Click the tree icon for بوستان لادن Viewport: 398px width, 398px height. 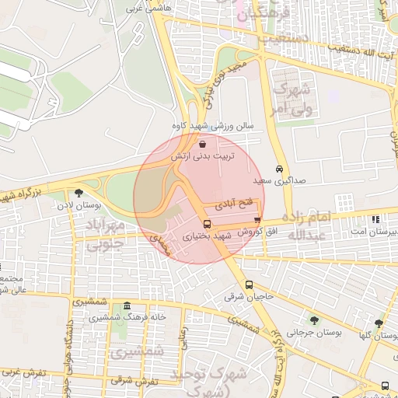coord(79,193)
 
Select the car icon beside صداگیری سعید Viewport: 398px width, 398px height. coord(279,169)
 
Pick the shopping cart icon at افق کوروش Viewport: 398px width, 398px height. coord(257,221)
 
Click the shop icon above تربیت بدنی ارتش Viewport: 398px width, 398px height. coord(203,144)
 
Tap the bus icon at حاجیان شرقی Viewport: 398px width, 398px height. coord(249,285)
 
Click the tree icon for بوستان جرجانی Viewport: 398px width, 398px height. coord(314,320)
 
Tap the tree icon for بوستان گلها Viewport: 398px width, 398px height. coord(379,323)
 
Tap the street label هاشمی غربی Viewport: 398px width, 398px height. coord(152,6)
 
